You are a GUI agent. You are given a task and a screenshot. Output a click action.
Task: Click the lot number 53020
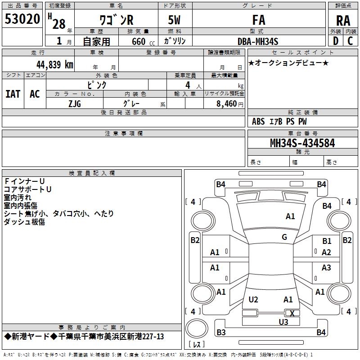click(x=22, y=19)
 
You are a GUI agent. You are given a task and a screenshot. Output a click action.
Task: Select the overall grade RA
click(x=343, y=21)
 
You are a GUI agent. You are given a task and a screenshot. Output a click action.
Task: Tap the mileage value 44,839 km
click(x=54, y=65)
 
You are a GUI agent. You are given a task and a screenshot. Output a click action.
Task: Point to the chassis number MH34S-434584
click(x=302, y=143)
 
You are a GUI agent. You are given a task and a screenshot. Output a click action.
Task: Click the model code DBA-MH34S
click(x=258, y=41)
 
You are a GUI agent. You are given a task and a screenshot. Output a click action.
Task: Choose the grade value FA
click(x=259, y=20)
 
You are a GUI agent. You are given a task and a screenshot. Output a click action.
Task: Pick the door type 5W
click(x=174, y=20)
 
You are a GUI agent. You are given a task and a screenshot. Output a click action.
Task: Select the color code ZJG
click(x=75, y=104)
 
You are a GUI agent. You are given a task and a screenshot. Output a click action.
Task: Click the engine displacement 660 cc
click(x=143, y=42)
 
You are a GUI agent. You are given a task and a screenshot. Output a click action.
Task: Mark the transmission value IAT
click(x=13, y=94)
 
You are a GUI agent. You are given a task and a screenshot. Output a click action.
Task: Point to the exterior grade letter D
click(x=335, y=41)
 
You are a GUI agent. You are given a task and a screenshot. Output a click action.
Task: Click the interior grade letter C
click(x=350, y=41)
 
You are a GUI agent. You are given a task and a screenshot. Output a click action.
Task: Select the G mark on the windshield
click(x=284, y=237)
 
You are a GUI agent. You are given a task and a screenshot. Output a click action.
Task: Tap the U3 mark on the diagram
click(x=283, y=322)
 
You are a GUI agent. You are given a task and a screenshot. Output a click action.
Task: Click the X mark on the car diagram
click(x=292, y=313)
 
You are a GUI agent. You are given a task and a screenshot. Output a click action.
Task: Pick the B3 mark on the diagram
click(x=221, y=332)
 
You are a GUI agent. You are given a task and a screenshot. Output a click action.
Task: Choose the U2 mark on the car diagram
click(x=253, y=300)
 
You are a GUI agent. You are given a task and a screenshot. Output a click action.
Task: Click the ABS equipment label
click(x=258, y=121)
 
